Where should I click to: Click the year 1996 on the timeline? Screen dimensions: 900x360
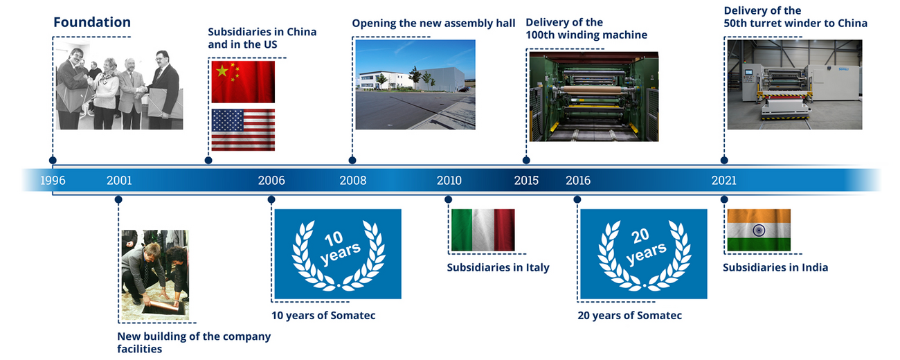(53, 181)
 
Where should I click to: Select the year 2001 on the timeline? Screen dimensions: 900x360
(119, 181)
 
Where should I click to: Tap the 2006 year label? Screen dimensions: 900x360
(271, 181)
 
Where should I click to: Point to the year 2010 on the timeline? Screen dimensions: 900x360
(449, 181)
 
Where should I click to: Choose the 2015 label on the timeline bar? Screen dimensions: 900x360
(526, 181)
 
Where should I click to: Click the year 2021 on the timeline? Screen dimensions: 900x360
(724, 181)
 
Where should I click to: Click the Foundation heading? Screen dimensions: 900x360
(92, 22)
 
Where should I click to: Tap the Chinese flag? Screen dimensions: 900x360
(243, 82)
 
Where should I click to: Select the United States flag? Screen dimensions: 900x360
(243, 129)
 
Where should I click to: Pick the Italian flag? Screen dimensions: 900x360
(483, 230)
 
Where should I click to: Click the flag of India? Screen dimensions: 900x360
(759, 230)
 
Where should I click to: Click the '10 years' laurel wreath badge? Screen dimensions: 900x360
(338, 254)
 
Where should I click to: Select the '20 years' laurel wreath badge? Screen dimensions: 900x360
(644, 254)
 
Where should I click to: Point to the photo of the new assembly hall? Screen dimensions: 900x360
(415, 84)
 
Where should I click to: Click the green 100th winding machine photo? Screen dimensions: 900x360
(594, 96)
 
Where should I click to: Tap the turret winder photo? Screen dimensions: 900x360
(795, 84)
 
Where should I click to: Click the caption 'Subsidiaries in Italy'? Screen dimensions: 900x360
(498, 268)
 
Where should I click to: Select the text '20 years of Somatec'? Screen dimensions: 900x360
(629, 316)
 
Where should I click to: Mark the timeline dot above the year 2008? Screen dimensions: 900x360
(352, 161)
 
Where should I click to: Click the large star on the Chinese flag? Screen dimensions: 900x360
(222, 71)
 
